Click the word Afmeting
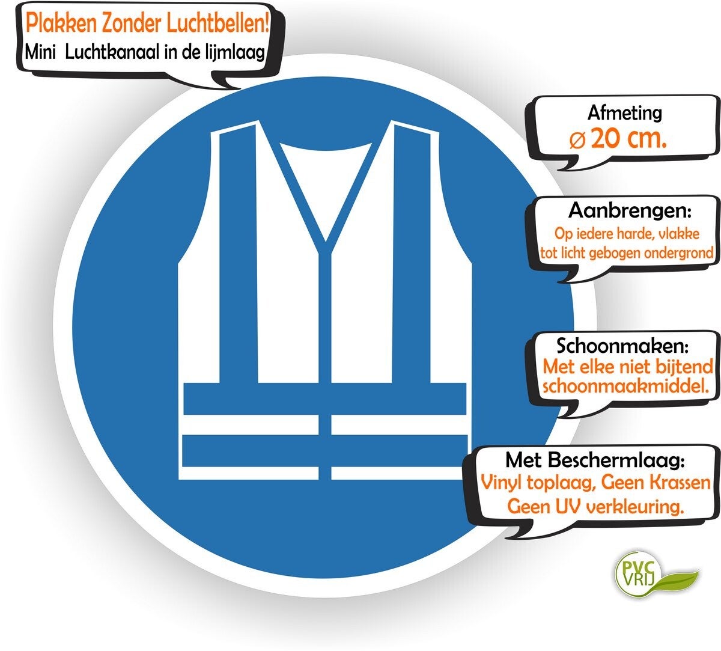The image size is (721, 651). [x=624, y=112]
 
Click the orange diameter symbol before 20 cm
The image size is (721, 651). [x=576, y=141]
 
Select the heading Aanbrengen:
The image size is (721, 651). [x=630, y=211]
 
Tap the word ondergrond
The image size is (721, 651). [x=678, y=253]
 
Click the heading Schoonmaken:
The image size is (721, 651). [x=622, y=346]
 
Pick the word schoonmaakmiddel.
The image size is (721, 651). [x=630, y=387]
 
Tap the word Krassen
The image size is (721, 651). [x=678, y=483]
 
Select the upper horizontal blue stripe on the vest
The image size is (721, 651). [x=324, y=398]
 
